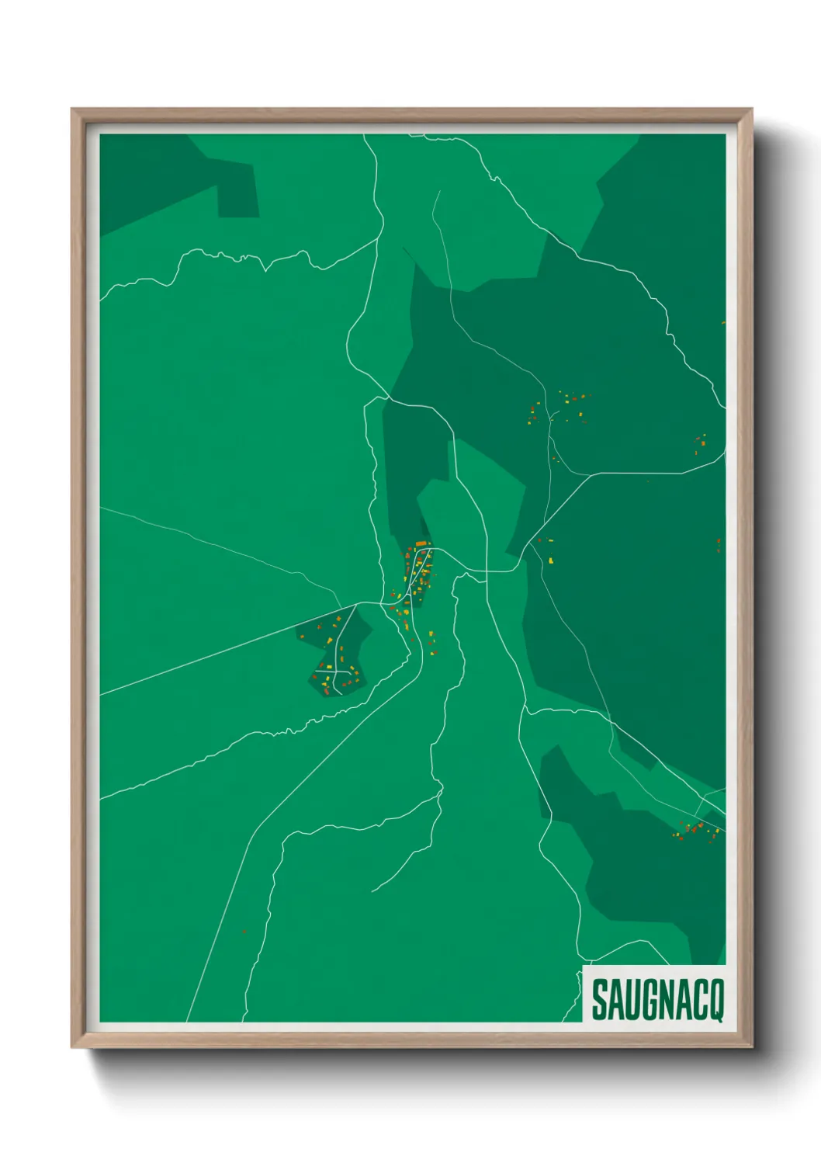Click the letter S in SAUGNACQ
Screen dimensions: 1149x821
coord(600,1001)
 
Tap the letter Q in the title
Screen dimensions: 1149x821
coord(715,1001)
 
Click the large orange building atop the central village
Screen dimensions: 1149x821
coord(421,543)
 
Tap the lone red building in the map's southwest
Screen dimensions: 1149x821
coord(244,931)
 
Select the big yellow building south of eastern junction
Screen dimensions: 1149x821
coord(551,560)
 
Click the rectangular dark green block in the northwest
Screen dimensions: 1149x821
coord(237,190)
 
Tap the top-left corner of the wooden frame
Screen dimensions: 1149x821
coord(73,110)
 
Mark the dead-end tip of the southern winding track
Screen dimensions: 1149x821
coord(372,891)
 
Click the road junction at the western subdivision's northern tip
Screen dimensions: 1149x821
coord(356,604)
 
